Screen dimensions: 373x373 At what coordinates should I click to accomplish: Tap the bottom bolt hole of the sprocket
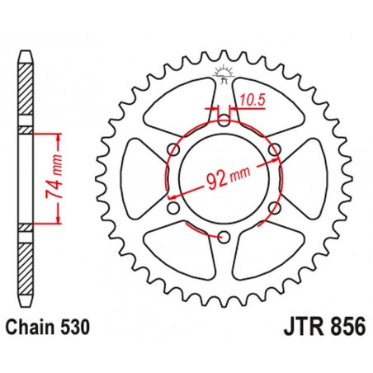224,238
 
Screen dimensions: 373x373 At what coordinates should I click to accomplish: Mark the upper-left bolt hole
172,149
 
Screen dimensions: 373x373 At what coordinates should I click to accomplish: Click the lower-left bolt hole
172,208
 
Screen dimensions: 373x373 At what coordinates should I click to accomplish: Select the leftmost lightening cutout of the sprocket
140,177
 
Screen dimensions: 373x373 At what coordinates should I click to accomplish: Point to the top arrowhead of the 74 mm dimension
57,133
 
